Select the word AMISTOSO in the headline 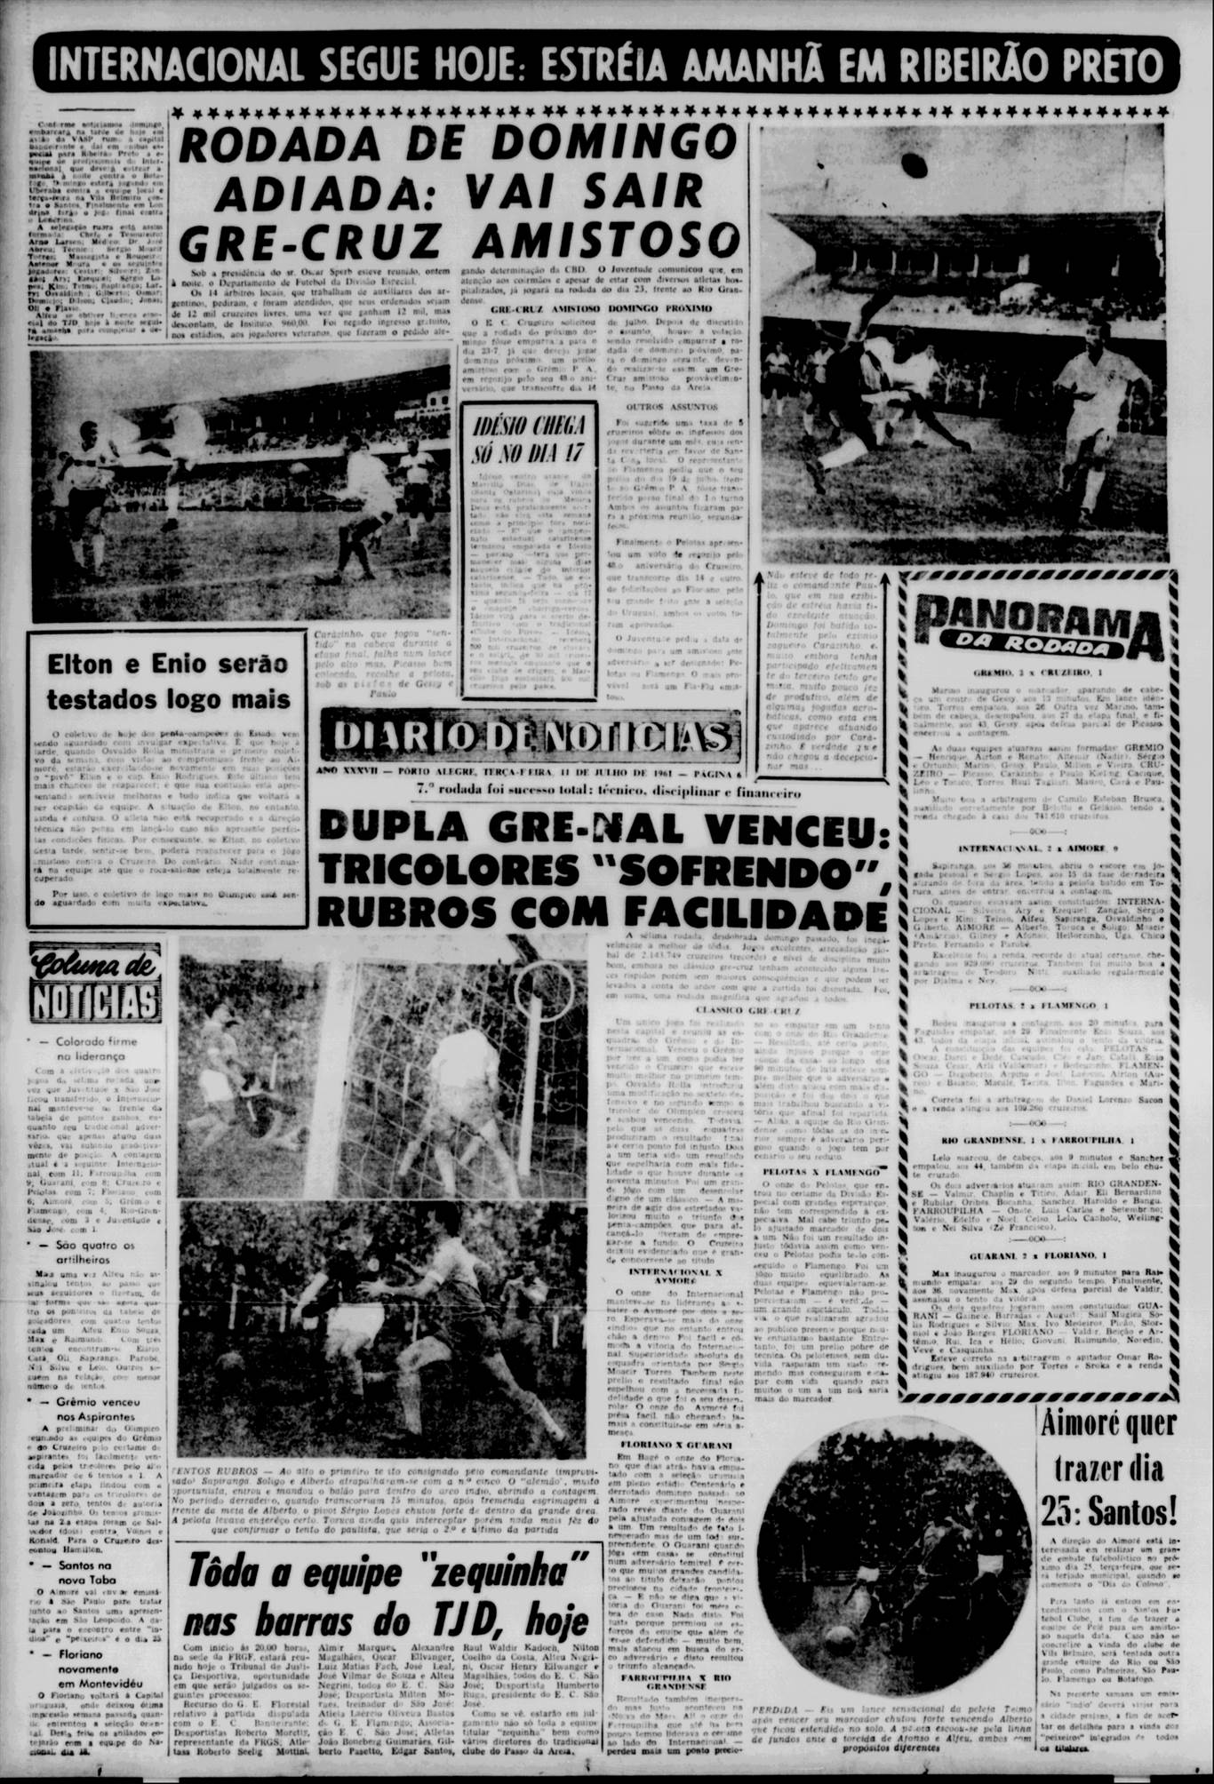click(x=608, y=238)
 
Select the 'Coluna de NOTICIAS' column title click(x=93, y=982)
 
